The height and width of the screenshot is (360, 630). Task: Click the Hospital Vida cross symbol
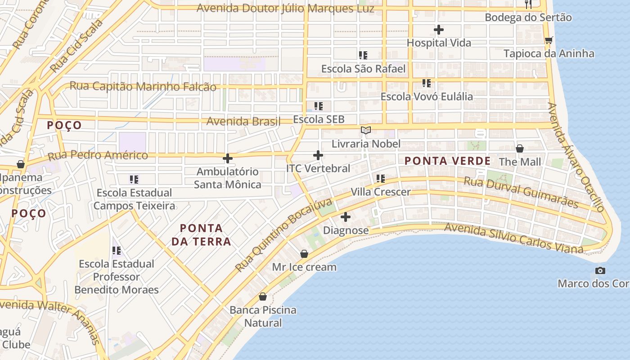(439, 30)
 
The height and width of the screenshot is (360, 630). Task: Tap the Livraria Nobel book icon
(366, 130)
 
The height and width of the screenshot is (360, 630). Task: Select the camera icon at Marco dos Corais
(600, 270)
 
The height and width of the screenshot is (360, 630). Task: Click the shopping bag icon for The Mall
(520, 148)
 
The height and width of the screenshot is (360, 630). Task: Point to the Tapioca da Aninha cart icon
(549, 40)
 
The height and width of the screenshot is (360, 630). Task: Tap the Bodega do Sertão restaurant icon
(528, 4)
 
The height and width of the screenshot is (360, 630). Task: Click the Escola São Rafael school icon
(363, 55)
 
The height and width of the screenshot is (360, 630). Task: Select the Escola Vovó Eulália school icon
(427, 83)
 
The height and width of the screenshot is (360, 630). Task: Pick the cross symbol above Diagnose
(346, 217)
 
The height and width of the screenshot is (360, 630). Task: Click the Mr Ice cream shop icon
(304, 254)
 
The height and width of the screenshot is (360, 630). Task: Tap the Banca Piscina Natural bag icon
(263, 297)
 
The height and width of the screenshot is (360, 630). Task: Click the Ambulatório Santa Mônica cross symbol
(228, 158)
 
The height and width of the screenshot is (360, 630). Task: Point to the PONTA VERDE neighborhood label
(447, 161)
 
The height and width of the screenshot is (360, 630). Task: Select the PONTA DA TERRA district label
(201, 235)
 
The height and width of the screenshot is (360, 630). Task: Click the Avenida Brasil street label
(243, 121)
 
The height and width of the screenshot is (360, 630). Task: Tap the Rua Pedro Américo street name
(98, 156)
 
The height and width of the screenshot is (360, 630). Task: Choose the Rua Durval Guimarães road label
(521, 192)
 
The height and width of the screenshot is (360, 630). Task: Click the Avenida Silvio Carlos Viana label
(513, 238)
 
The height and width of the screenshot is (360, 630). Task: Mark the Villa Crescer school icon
(381, 179)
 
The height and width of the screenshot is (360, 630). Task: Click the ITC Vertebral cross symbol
(318, 156)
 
